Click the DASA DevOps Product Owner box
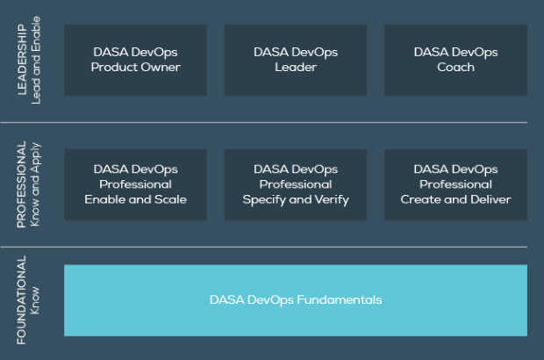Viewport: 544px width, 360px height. coord(135,60)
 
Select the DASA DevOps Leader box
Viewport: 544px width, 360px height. coord(296,60)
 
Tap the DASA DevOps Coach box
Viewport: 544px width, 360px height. coord(455,60)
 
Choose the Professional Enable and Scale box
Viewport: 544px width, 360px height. coord(135,184)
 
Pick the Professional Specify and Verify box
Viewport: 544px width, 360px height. coord(296,184)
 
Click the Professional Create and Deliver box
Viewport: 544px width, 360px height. coord(455,184)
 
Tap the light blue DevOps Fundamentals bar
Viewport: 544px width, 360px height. coord(296,299)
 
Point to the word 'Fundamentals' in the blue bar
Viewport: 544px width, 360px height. coord(337,299)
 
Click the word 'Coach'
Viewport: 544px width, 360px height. coord(455,67)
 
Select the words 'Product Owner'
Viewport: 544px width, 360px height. coord(135,67)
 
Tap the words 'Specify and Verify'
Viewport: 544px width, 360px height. coord(296,199)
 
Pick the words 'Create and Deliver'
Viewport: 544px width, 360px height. coord(455,199)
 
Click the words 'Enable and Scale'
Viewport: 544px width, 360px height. coord(135,199)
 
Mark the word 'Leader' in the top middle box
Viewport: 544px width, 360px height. coord(296,67)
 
